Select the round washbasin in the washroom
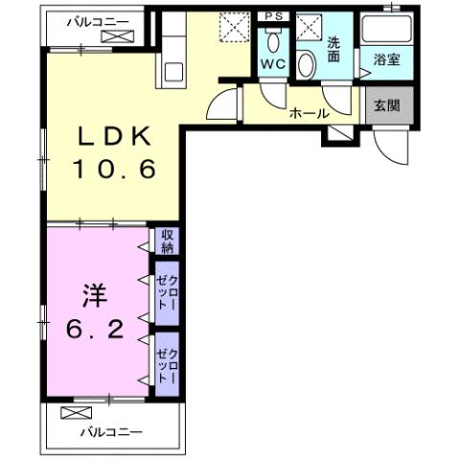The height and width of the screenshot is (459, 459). tap(307, 64)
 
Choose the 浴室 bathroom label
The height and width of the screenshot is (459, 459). tap(386, 60)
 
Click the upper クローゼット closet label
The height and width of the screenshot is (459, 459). tap(167, 291)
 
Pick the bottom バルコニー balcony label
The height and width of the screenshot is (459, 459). tap(109, 432)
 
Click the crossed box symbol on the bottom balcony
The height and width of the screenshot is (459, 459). tap(74, 414)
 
